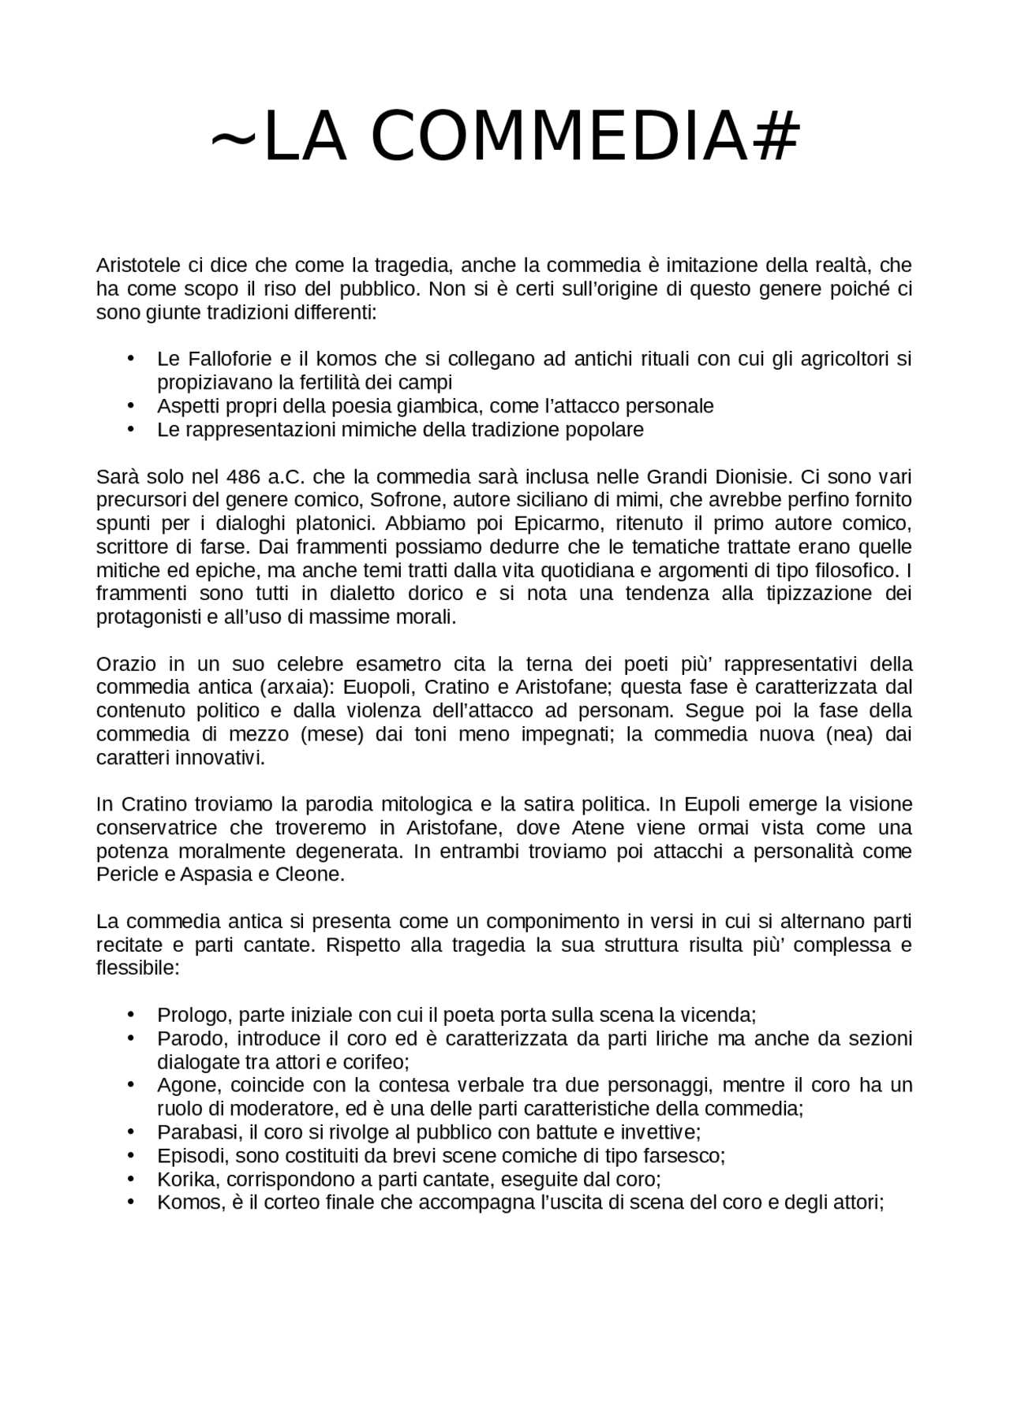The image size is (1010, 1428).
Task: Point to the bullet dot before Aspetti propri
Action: point(130,405)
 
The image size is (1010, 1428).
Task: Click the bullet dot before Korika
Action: point(130,1179)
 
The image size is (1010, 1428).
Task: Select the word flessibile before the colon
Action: point(135,968)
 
